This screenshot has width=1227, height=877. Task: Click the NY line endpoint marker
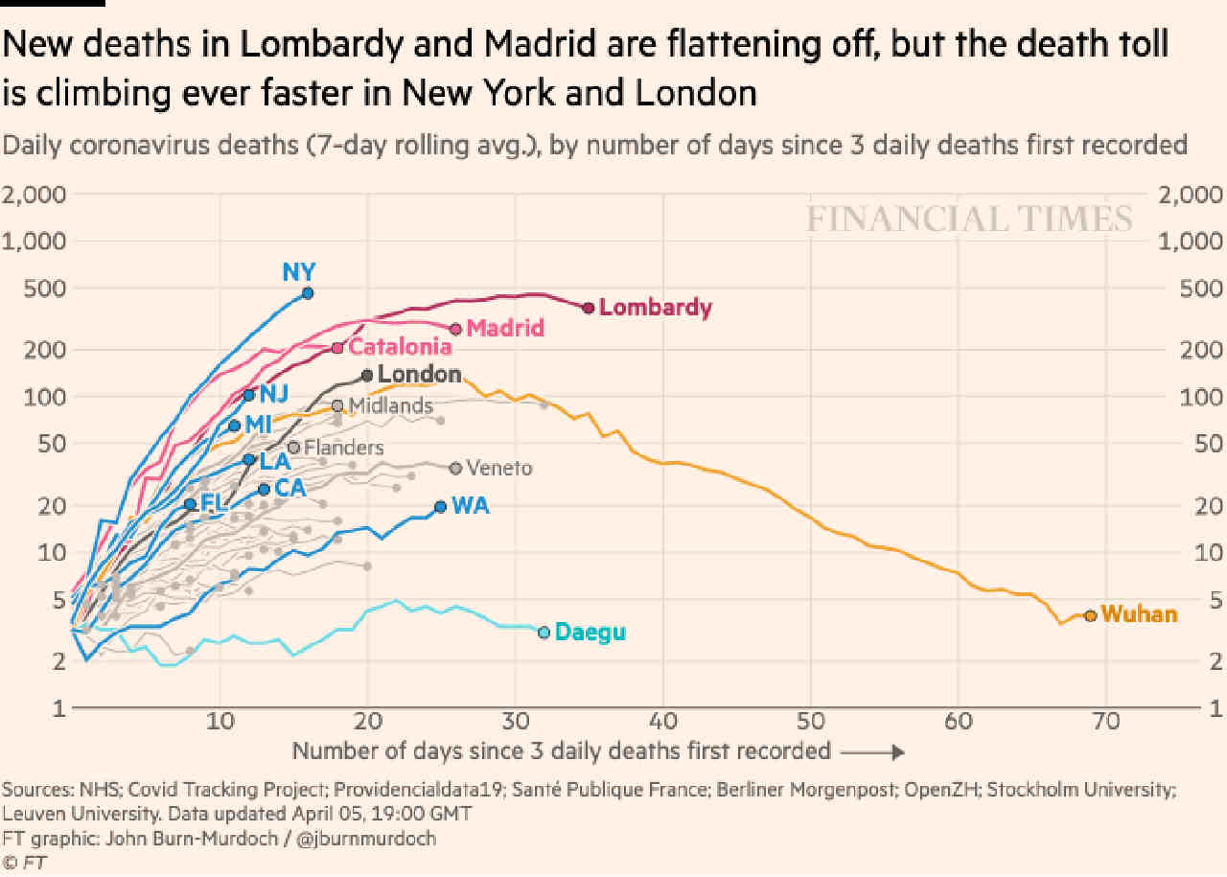[x=308, y=293]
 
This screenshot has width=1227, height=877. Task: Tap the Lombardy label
[x=656, y=308]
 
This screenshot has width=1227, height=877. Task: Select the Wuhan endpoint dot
[x=1091, y=615]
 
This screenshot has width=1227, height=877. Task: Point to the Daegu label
[x=590, y=633]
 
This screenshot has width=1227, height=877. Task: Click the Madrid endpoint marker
[x=455, y=329]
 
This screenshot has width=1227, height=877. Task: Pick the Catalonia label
[x=401, y=347]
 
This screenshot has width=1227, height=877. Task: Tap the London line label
[x=420, y=374]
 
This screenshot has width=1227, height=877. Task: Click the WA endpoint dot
[x=440, y=507]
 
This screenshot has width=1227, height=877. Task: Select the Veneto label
[x=499, y=469]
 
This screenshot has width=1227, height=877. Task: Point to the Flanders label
[x=344, y=448]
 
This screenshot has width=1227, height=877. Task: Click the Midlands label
[x=391, y=405]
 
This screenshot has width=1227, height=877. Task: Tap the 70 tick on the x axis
[x=1106, y=722]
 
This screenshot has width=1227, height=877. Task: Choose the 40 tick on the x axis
[x=663, y=722]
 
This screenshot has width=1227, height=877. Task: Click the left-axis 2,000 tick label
[x=34, y=195]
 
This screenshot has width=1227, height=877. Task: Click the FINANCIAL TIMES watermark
[x=969, y=219]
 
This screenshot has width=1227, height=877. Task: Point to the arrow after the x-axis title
[x=872, y=752]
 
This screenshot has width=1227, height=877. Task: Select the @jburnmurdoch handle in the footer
[x=366, y=839]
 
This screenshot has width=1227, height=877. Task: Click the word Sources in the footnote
[x=37, y=790]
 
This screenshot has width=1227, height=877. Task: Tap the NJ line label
[x=274, y=394]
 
